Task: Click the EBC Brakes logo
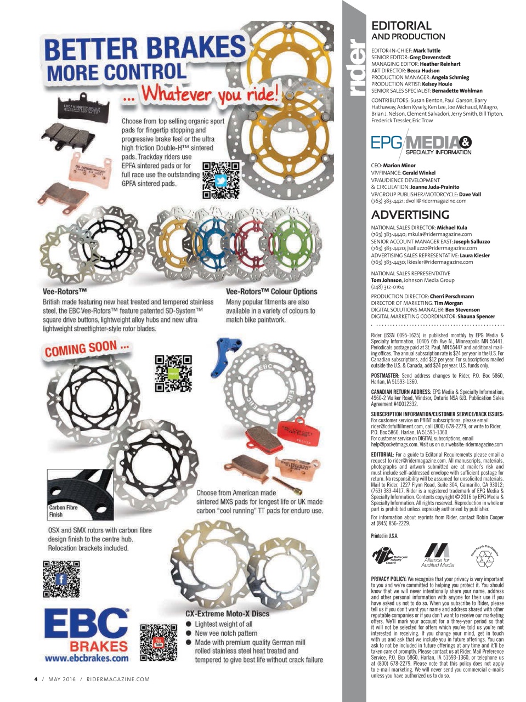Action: (x=86, y=630)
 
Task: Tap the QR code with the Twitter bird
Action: (x=220, y=180)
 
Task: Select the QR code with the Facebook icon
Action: (x=61, y=579)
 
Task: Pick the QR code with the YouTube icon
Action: (x=159, y=642)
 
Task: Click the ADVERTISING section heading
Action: (x=410, y=215)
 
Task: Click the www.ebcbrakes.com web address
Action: (x=86, y=658)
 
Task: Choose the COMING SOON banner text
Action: (x=87, y=349)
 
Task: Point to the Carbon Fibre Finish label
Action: (x=63, y=511)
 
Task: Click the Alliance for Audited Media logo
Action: (x=437, y=554)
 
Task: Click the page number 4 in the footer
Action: (x=36, y=679)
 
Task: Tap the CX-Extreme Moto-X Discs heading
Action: (x=227, y=614)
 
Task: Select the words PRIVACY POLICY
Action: (x=388, y=579)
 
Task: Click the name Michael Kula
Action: (x=452, y=227)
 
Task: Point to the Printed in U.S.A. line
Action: (x=384, y=536)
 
